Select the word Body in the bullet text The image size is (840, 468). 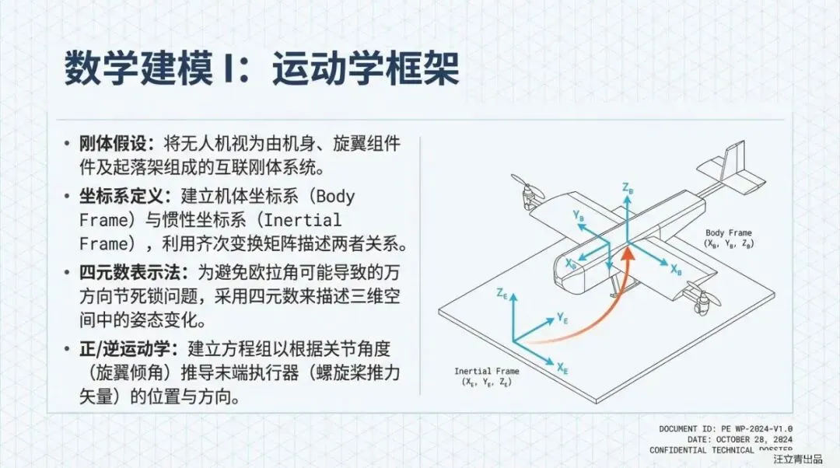335,196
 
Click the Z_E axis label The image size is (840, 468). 502,293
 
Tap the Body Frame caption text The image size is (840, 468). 729,232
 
